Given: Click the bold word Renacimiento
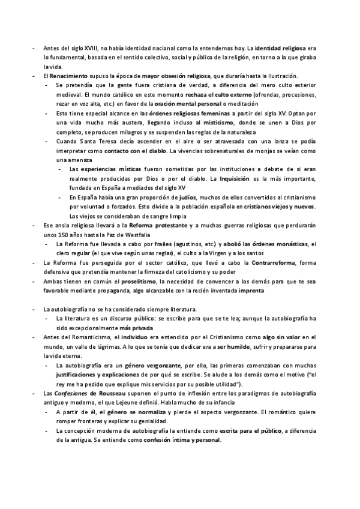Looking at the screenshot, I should [67, 77].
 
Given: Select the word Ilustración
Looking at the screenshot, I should [280, 77].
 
